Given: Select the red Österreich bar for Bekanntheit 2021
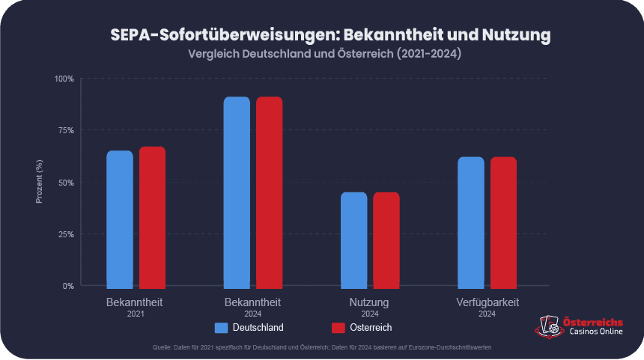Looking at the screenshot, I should (x=152, y=216).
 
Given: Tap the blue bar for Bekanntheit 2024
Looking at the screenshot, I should (x=237, y=192).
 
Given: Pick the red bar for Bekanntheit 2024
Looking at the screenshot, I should (x=270, y=192).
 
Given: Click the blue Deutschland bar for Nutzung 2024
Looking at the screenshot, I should (x=354, y=240).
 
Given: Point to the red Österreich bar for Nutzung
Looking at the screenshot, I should (x=386, y=240).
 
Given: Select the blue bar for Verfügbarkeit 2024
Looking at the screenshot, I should (x=471, y=222).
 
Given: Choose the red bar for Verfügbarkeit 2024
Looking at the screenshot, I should (x=503, y=222).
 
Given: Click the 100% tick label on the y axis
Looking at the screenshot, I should (x=64, y=79).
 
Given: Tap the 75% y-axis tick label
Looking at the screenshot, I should (x=66, y=130).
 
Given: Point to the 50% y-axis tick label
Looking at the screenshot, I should (x=66, y=183).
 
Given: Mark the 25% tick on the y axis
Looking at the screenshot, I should (x=66, y=234).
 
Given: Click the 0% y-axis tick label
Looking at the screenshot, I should (x=68, y=286).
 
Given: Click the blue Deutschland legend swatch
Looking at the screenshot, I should (x=221, y=328).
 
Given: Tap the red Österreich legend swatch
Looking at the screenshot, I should (x=338, y=328).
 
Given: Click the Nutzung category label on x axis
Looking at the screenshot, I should (x=369, y=302).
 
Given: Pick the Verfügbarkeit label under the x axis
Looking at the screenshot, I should (x=487, y=302).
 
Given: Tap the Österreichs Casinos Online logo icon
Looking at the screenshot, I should (x=547, y=326).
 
